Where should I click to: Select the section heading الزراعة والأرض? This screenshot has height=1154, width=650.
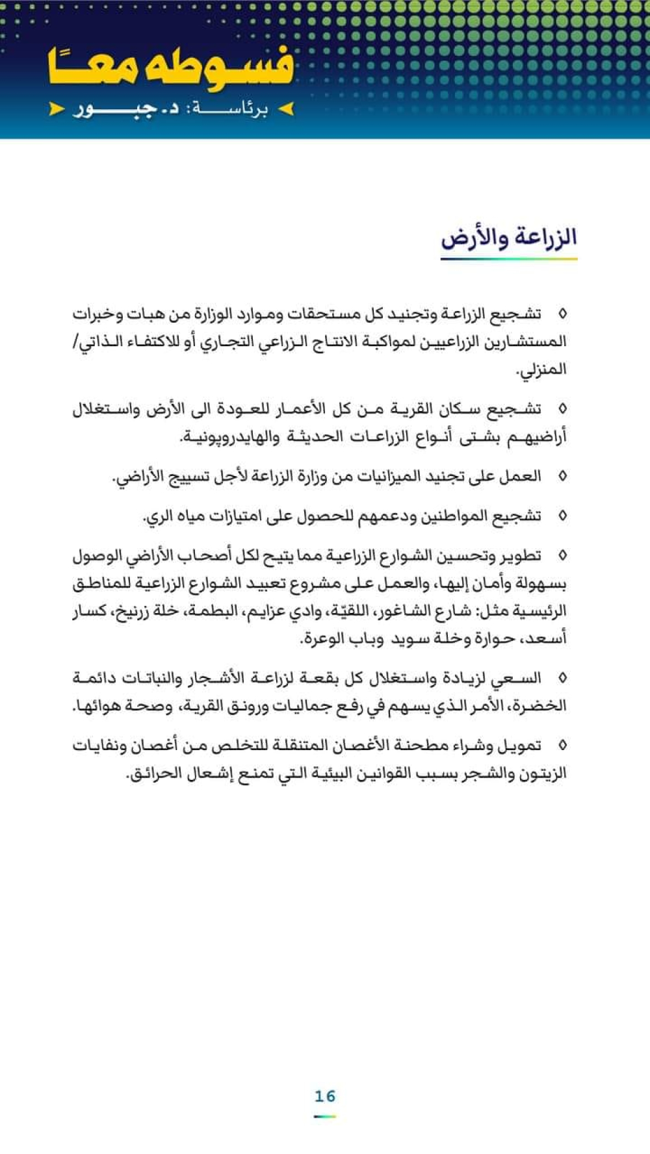coord(509,238)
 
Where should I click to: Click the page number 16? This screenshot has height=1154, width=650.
coord(324,1096)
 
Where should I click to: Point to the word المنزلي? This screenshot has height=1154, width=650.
coord(541,370)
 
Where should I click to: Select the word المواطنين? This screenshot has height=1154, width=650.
coord(454,516)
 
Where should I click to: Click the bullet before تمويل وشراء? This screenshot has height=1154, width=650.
coord(563,746)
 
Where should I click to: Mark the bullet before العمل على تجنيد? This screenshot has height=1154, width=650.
coord(563,477)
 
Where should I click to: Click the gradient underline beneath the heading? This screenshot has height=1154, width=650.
coord(509,259)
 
